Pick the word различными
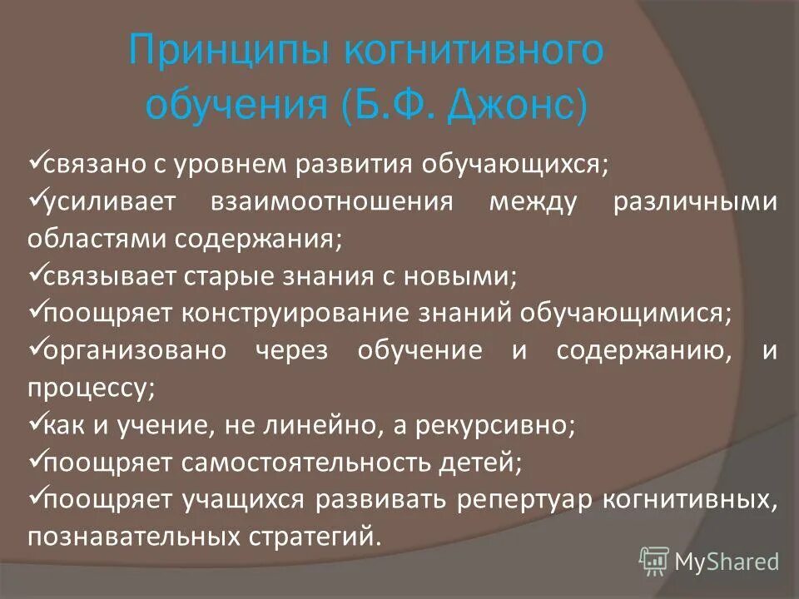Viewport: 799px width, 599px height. tap(695, 202)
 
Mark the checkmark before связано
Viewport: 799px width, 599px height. tap(34, 161)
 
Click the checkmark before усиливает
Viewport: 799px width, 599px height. tap(34, 200)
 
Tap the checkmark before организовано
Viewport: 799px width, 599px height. tap(34, 348)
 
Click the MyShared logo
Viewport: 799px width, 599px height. tap(709, 561)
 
